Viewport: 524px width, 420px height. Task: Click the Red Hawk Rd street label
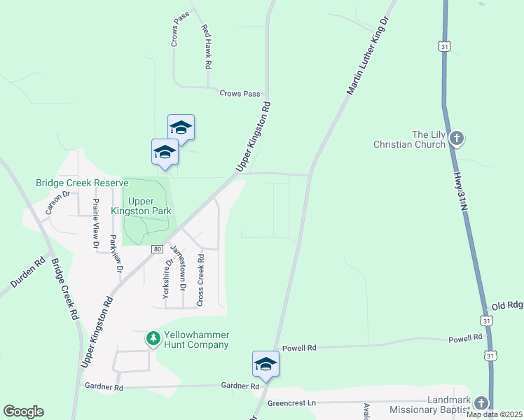(x=207, y=46)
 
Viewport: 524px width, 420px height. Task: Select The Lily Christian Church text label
(x=429, y=139)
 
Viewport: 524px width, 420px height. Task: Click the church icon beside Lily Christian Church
(x=456, y=138)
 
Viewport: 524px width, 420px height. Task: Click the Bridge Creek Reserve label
(x=82, y=183)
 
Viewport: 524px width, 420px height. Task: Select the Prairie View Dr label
(x=95, y=224)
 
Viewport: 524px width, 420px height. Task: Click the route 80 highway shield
(x=157, y=249)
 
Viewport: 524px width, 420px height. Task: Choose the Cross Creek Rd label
(x=200, y=280)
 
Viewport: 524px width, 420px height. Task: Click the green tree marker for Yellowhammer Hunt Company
(x=153, y=339)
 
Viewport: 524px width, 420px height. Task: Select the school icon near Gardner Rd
(x=266, y=364)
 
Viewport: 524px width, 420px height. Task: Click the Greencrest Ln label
(x=292, y=403)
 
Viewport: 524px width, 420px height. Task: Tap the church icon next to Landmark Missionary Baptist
(x=481, y=403)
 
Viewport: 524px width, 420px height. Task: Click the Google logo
(x=23, y=412)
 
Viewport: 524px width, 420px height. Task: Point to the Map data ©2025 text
(x=494, y=414)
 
